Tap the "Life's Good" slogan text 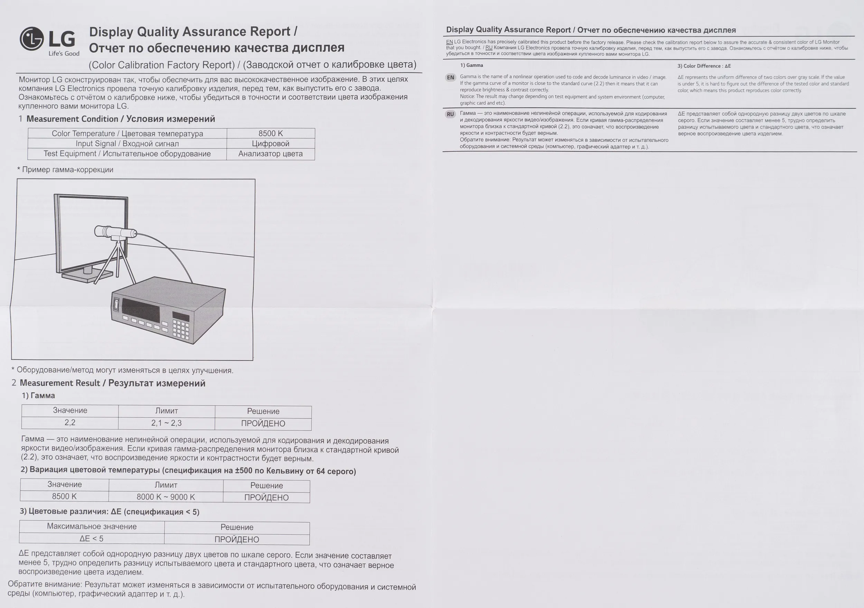click(x=64, y=54)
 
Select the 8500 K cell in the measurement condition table click(x=271, y=133)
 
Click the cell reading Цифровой click(x=271, y=143)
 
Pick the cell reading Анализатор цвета click(x=271, y=153)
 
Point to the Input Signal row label click(x=127, y=143)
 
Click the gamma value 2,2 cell click(x=70, y=422)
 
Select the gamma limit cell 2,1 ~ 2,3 click(x=166, y=423)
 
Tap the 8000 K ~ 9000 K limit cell click(x=166, y=497)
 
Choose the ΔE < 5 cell click(x=92, y=539)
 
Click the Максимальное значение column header click(x=92, y=526)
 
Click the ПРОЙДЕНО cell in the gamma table click(x=263, y=423)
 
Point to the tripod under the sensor click(x=115, y=263)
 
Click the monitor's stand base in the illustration click(x=87, y=276)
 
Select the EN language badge click(x=450, y=77)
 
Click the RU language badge click(x=450, y=114)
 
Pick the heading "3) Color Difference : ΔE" click(x=704, y=66)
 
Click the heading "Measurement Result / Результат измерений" click(x=113, y=383)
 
